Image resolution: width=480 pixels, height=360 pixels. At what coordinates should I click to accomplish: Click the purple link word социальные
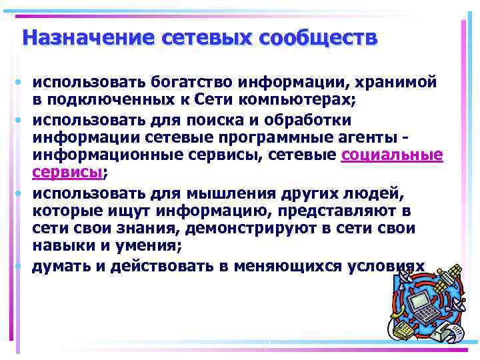click(391, 155)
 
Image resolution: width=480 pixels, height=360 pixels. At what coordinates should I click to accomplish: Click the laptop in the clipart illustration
click(421, 307)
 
